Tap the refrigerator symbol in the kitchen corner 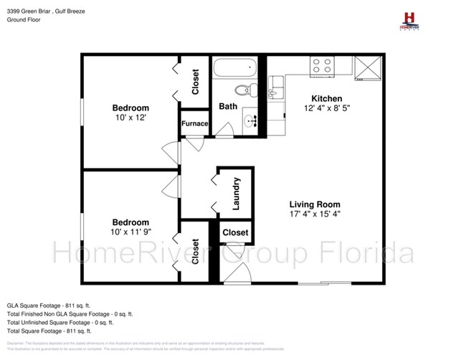coord(368,66)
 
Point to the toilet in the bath coord(246,90)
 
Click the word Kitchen coord(326,98)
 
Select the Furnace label coord(194,123)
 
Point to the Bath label coord(228,106)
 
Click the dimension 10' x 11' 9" coord(130,232)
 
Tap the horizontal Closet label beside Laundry coord(235,232)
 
